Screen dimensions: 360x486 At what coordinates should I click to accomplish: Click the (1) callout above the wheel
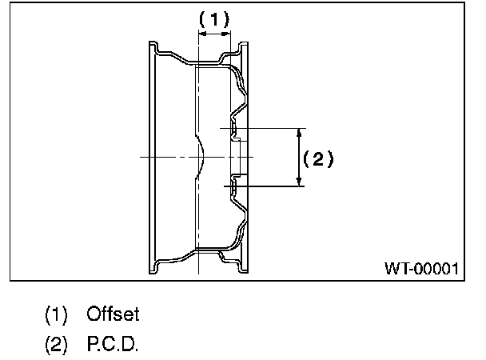(213, 18)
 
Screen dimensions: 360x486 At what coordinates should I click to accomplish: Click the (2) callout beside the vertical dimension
(318, 158)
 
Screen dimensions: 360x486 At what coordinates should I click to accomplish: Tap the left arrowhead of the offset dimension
(200, 34)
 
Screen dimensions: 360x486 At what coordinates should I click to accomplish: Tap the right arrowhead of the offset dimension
(227, 34)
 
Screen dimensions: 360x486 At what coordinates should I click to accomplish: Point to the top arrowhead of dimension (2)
(300, 132)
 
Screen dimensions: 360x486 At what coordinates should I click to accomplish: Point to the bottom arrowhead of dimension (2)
(300, 182)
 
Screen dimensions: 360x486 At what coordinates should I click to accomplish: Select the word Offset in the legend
(114, 314)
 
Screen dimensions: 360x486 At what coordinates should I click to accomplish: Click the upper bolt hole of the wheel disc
(235, 127)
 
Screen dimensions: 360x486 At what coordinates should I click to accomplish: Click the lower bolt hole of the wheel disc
(235, 186)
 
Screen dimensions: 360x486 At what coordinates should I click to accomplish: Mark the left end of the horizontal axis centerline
(141, 158)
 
